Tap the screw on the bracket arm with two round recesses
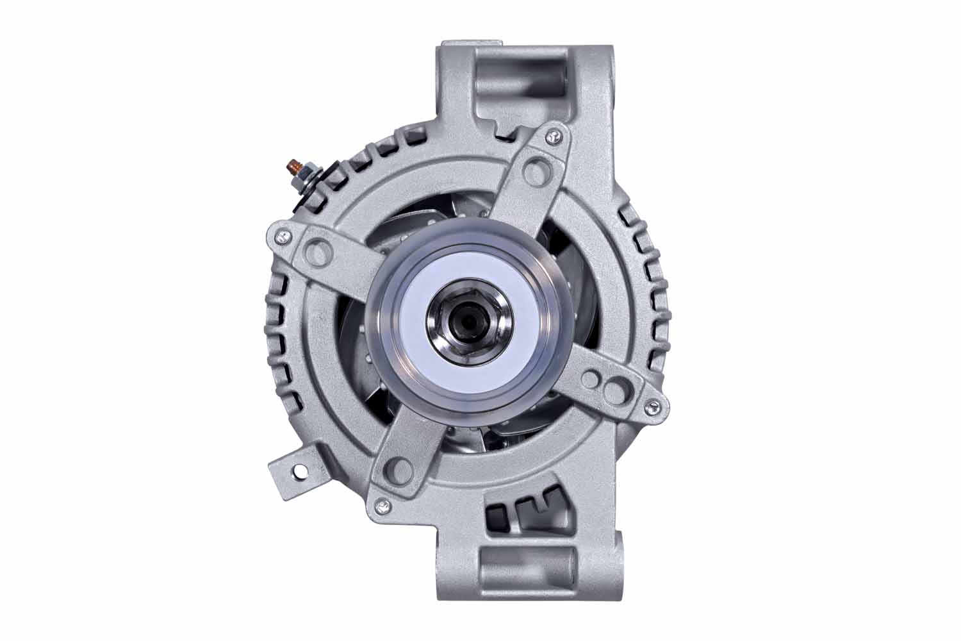pyautogui.click(x=652, y=403)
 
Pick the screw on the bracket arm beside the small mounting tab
pyautogui.click(x=382, y=504)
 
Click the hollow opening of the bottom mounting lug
pyautogui.click(x=522, y=567)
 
